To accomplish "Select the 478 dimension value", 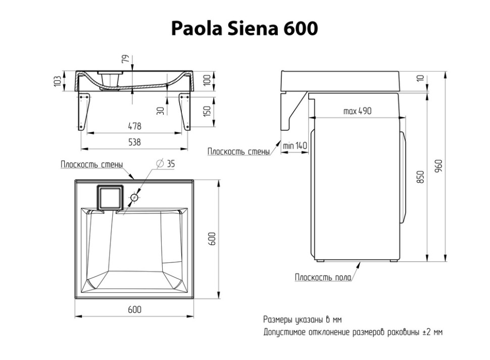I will tap(134, 126).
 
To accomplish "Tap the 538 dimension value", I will tap(134, 142).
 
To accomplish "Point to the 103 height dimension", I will tap(57, 80).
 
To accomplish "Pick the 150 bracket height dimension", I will tap(207, 111).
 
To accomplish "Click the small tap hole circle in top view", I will tap(135, 197).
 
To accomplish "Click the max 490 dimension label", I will tap(357, 111).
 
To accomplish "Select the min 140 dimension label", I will tap(295, 146).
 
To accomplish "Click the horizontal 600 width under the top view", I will tap(134, 309).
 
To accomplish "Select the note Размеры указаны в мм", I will tap(302, 320).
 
